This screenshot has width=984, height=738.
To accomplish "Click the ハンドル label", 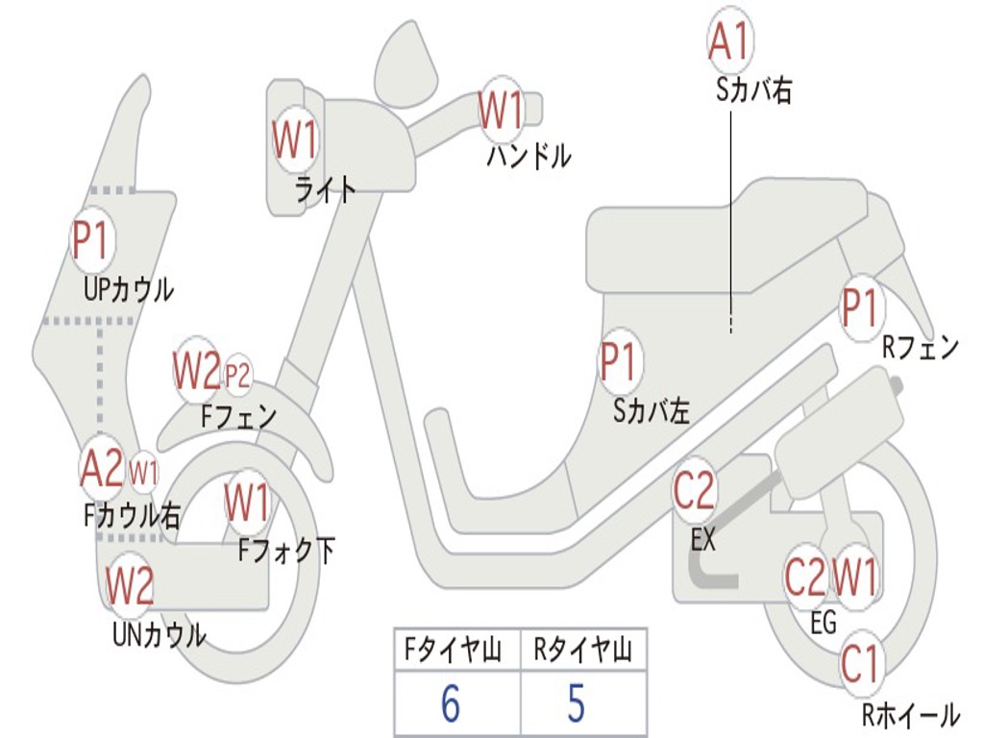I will pyautogui.click(x=529, y=155).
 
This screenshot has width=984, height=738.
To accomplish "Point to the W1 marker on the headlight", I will pyautogui.click(x=295, y=141).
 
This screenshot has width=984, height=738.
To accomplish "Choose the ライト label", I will pyautogui.click(x=325, y=188).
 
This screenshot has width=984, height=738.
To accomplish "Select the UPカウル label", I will pyautogui.click(x=129, y=288).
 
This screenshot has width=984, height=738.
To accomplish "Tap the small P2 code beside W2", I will pyautogui.click(x=237, y=376).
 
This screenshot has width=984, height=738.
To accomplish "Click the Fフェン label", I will pyautogui.click(x=239, y=417).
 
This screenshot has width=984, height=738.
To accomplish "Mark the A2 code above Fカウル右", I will pyautogui.click(x=102, y=468).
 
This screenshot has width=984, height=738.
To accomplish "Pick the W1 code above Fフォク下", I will pyautogui.click(x=248, y=502).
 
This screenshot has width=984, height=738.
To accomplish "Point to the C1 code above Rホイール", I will pyautogui.click(x=860, y=664).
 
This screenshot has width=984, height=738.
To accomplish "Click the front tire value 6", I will pyautogui.click(x=452, y=703).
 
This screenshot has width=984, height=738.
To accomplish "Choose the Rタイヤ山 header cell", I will pyautogui.click(x=582, y=652).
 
